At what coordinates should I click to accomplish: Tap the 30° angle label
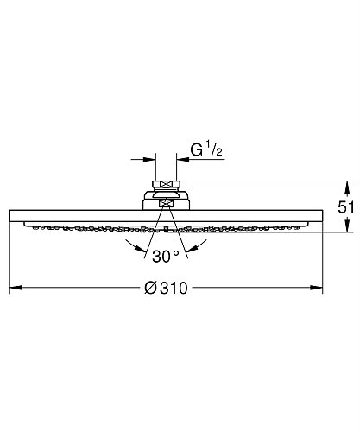166,255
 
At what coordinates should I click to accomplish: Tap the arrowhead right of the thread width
183,158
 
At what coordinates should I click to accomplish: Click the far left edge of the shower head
10,216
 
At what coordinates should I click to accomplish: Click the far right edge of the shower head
323,216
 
